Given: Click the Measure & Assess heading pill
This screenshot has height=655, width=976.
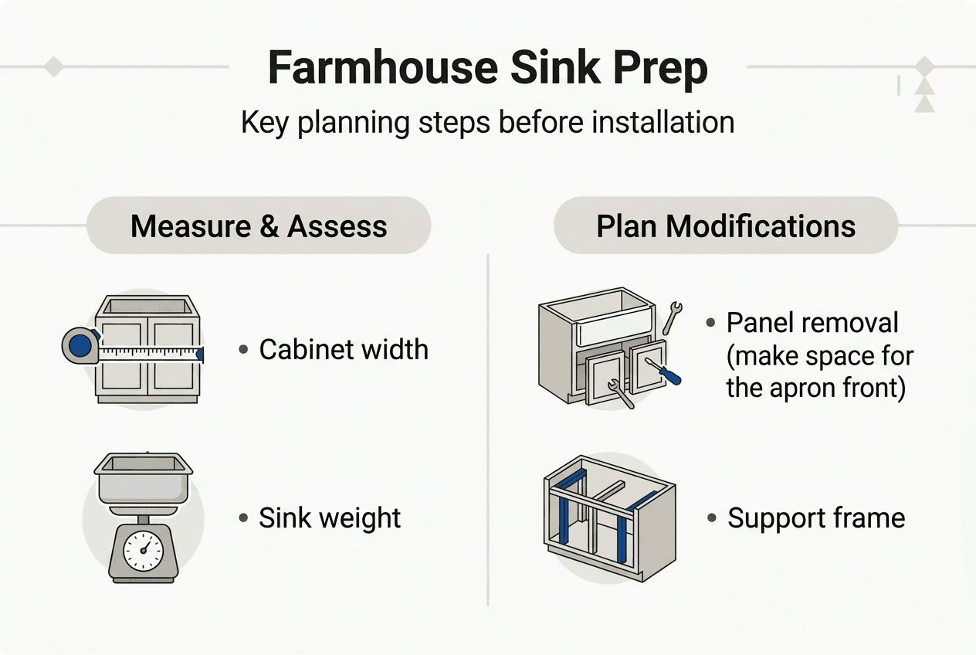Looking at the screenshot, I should coord(259,226).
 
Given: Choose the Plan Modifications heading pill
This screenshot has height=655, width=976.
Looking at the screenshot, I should coord(726,226).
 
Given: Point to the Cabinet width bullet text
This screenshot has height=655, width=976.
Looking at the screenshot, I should coord(344,349).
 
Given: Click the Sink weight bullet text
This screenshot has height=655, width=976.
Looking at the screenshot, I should coord(330,518).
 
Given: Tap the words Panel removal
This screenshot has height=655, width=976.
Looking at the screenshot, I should coord(812,323).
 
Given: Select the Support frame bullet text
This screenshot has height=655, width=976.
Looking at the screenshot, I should coord(816,518).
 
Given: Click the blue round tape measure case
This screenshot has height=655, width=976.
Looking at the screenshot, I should coord(80,345).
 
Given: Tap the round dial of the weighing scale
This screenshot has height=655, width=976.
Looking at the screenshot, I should coord(144,551).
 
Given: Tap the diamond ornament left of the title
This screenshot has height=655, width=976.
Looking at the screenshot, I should coord(53,66).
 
